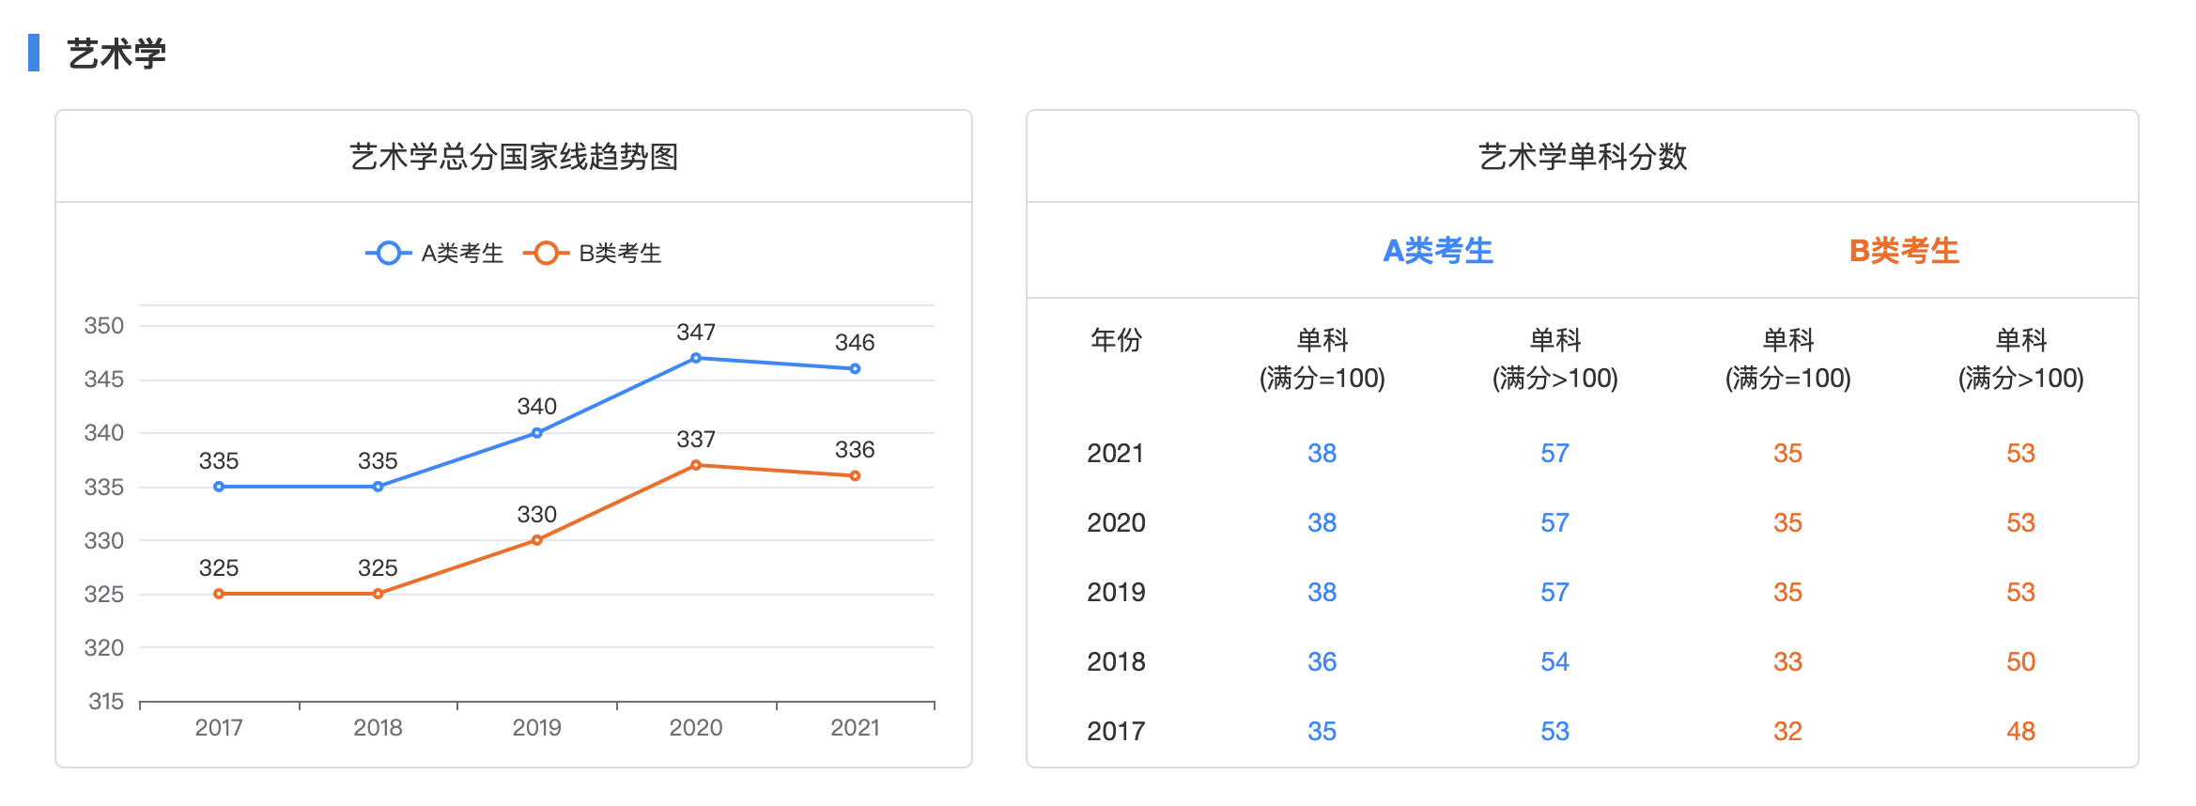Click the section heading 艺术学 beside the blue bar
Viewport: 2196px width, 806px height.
click(116, 54)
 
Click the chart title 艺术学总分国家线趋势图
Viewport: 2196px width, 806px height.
click(514, 157)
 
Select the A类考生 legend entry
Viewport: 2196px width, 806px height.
click(435, 254)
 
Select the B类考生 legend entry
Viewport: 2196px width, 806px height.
click(593, 254)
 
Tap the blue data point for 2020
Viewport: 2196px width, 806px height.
click(696, 358)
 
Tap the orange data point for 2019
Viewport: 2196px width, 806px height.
click(537, 540)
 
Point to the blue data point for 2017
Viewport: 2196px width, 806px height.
click(219, 487)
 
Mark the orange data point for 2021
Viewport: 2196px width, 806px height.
click(855, 476)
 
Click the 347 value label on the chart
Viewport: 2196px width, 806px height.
click(696, 333)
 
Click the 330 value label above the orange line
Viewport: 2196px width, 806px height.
click(536, 515)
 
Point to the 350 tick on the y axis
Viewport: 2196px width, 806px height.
click(104, 326)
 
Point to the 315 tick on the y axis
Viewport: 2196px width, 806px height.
click(106, 702)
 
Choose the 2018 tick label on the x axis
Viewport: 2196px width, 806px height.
click(378, 728)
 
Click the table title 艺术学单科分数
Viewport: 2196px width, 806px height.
click(1583, 157)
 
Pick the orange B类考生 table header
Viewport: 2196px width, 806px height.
click(1904, 251)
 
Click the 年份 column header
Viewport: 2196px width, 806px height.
click(1116, 340)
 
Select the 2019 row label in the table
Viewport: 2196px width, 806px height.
click(1116, 593)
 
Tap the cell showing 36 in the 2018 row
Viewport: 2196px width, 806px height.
click(1322, 662)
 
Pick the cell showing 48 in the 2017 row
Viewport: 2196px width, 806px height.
click(2020, 732)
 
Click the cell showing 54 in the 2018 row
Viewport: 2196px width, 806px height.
click(1554, 662)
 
